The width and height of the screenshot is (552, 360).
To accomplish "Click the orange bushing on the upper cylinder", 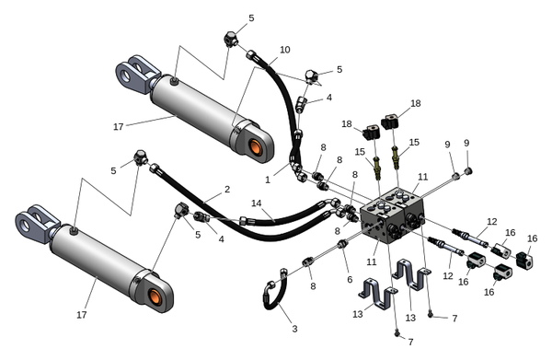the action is pos(256,147).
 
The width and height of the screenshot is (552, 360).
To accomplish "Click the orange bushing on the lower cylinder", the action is pos(155,296).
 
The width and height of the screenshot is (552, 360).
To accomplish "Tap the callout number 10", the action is pos(285,50).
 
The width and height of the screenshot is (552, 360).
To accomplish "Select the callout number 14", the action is pos(257,203).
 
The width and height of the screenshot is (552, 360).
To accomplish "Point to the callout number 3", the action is pos(294,329).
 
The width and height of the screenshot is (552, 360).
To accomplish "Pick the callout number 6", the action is pos(350,279).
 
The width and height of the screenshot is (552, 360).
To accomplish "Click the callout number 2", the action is pos(227,189).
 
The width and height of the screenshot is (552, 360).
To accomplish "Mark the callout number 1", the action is pos(268,180).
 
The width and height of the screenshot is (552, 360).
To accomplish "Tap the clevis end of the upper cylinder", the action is pos(136,73).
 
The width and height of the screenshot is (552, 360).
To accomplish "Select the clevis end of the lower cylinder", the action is pos(36,223).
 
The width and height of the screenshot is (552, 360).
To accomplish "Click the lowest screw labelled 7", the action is pos(397,332).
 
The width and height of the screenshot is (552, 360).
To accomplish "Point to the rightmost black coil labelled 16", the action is pos(524,261).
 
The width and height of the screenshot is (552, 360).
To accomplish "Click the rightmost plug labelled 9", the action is pos(468,171).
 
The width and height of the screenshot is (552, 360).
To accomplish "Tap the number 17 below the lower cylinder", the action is pos(82,315).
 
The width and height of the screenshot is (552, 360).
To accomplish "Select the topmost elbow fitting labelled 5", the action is pos(231,39).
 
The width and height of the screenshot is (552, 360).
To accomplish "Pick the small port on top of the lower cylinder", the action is pos(73,231).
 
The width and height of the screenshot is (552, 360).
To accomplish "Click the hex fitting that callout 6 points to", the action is pos(341,244).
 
